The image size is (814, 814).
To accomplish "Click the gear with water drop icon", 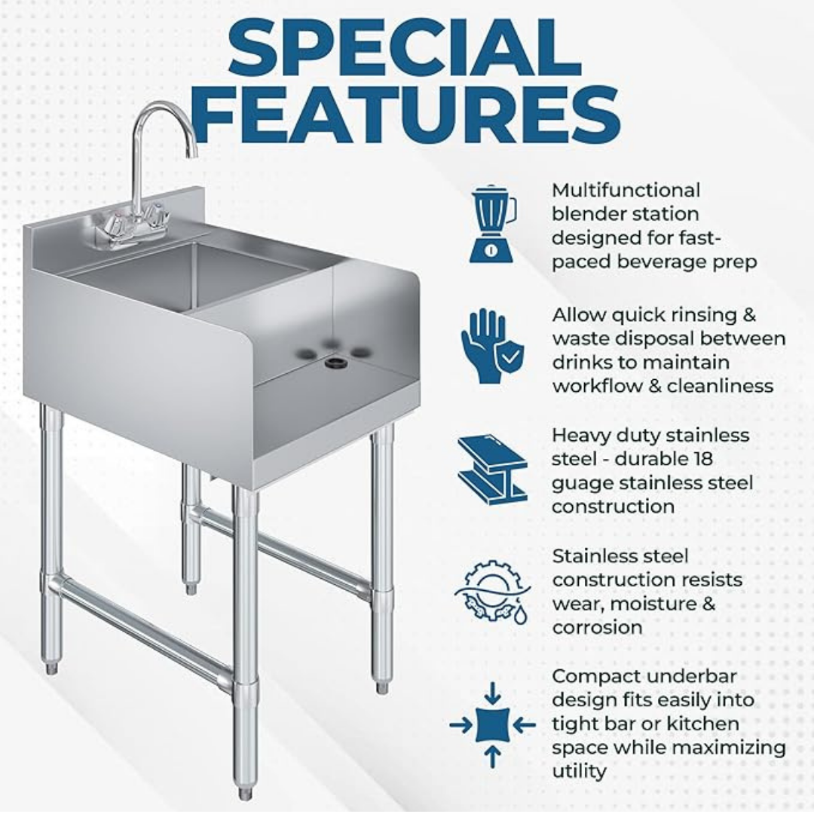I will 492,591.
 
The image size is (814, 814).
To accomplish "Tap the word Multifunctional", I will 626,190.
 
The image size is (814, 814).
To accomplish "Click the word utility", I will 579,771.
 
